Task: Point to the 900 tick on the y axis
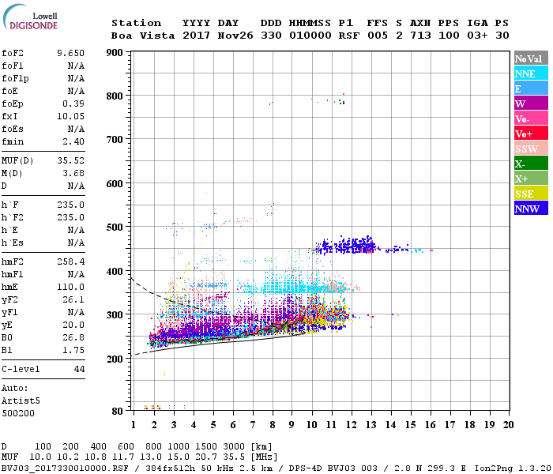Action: pyautogui.click(x=115, y=53)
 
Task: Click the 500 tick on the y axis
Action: pyautogui.click(x=115, y=228)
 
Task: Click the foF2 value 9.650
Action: pyautogui.click(x=70, y=52)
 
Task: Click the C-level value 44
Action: pyautogui.click(x=79, y=369)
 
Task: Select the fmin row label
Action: pyautogui.click(x=13, y=141)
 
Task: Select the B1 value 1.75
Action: pyautogui.click(x=73, y=348)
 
